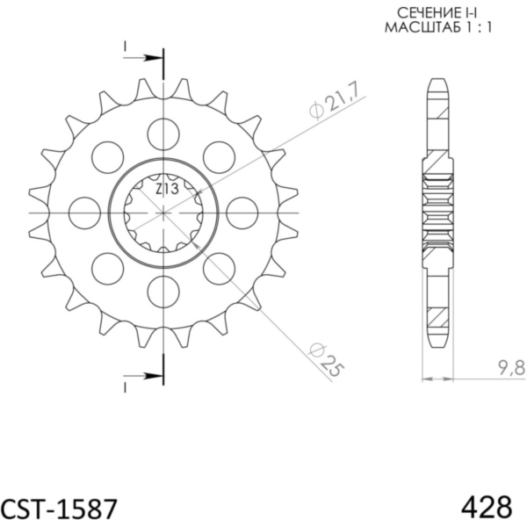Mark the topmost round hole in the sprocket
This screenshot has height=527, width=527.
(x=163, y=134)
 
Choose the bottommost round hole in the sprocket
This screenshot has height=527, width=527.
(x=163, y=291)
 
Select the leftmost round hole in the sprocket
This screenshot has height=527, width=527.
(x=84, y=213)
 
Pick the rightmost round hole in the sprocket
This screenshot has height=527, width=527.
(x=242, y=213)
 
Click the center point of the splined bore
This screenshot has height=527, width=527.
(x=163, y=213)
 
